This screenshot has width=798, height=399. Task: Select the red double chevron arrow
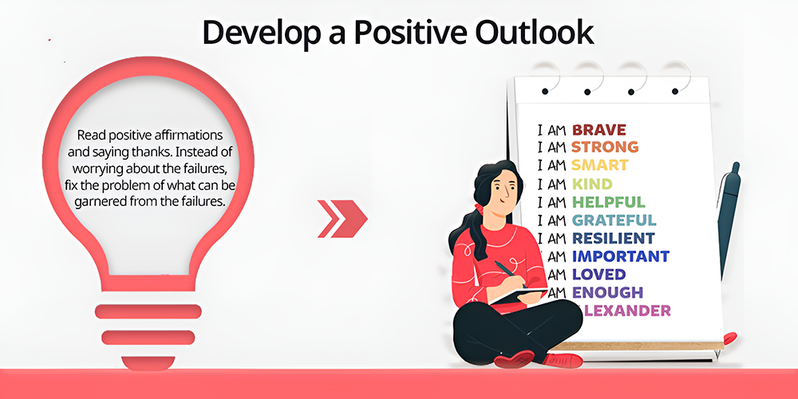(x=342, y=219)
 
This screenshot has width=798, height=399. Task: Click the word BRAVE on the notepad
(x=598, y=129)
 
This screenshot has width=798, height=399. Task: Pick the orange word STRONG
(x=605, y=147)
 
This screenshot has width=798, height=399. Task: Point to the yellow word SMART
(x=599, y=165)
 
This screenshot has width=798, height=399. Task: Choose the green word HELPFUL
(x=608, y=202)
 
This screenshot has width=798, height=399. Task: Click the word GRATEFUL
(x=614, y=220)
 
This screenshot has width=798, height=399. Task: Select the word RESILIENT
(x=613, y=238)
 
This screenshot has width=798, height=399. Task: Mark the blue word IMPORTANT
(x=620, y=256)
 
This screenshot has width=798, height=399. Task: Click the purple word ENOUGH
(x=607, y=293)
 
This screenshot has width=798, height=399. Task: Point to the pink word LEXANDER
(x=626, y=310)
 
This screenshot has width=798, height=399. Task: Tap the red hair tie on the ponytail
(x=477, y=207)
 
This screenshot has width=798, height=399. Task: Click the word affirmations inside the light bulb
(x=190, y=136)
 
